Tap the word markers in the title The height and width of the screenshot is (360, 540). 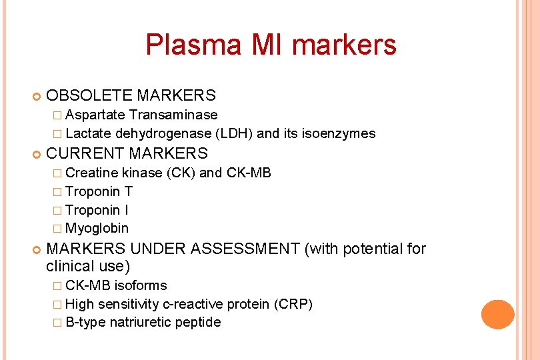(345, 45)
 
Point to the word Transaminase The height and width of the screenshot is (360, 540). (173, 115)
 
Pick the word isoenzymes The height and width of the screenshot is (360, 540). (338, 133)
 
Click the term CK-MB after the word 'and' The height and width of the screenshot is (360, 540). (249, 173)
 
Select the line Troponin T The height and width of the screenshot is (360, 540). (99, 191)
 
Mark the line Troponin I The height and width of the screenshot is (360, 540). (97, 210)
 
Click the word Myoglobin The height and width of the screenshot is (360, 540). (97, 228)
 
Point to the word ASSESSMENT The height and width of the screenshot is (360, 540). (245, 249)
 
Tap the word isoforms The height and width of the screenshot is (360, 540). (141, 285)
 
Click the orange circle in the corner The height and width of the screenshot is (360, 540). (497, 315)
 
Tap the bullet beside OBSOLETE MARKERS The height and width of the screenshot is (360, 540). (36, 97)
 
